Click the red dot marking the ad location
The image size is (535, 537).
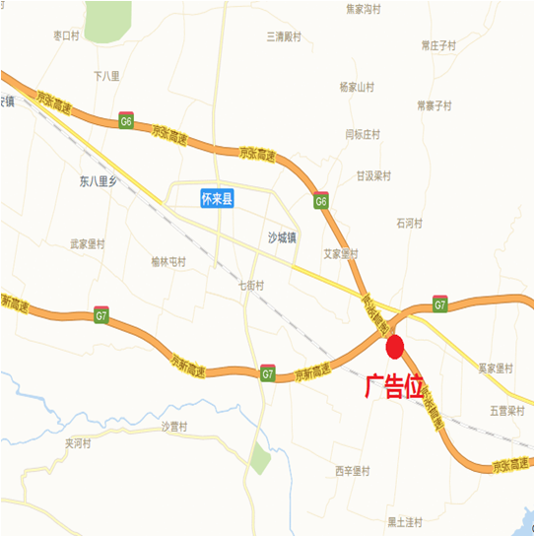click(x=395, y=347)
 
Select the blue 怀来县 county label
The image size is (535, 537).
click(x=216, y=199)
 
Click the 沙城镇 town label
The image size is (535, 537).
click(x=283, y=236)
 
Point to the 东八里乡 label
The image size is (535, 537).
click(x=99, y=180)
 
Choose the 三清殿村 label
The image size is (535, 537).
click(x=284, y=36)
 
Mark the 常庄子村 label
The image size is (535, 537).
click(x=438, y=45)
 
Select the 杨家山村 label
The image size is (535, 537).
click(x=357, y=87)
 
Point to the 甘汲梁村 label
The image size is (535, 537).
click(x=374, y=176)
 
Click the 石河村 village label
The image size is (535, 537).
click(x=409, y=224)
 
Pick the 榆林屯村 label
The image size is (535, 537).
click(x=168, y=261)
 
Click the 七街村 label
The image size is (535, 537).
click(x=251, y=285)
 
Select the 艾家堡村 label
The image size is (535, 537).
click(x=345, y=253)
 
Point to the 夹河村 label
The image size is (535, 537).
click(x=79, y=443)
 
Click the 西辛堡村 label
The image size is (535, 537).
click(x=352, y=470)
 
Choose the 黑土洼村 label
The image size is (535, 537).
click(x=404, y=521)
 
